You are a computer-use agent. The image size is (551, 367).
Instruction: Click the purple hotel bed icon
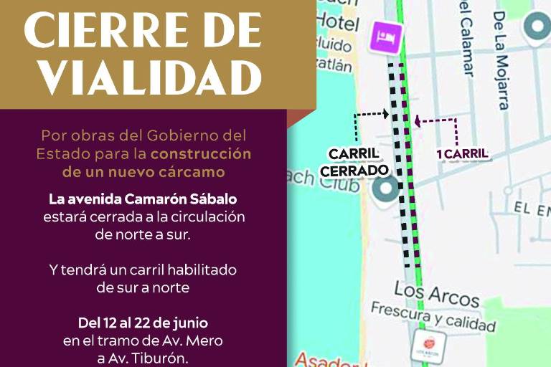[x=386, y=36]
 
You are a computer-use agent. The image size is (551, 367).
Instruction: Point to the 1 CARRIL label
[x=462, y=153]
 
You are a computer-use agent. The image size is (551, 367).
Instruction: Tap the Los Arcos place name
[x=436, y=293]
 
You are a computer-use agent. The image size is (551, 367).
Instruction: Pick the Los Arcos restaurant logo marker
[x=429, y=345]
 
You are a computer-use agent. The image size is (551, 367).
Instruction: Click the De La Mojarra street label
[x=500, y=60]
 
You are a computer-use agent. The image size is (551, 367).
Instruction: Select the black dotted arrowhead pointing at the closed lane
[x=386, y=113]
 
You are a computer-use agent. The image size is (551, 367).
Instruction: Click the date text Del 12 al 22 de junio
[x=143, y=323]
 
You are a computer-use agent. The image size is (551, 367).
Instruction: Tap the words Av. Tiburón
[x=159, y=358]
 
